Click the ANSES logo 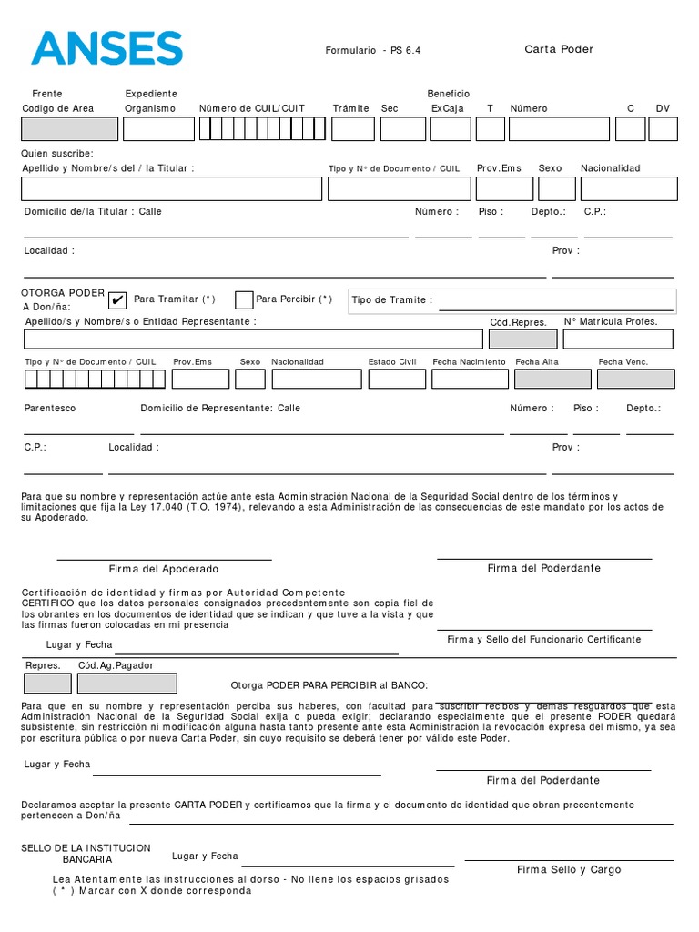click(106, 47)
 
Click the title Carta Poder click(559, 49)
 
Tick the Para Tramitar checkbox click(117, 300)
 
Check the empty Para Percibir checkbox click(244, 300)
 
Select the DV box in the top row click(663, 129)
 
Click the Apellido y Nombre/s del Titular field click(172, 188)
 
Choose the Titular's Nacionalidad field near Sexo click(629, 188)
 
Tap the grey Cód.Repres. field click(522, 339)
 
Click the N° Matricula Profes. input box click(618, 339)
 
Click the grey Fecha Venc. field click(635, 379)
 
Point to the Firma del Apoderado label click(164, 569)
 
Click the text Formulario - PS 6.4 click(373, 51)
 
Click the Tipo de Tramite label click(392, 300)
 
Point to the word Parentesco click(50, 409)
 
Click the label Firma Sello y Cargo click(569, 870)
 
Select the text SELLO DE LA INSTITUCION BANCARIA click(86, 854)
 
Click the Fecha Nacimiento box click(469, 379)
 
